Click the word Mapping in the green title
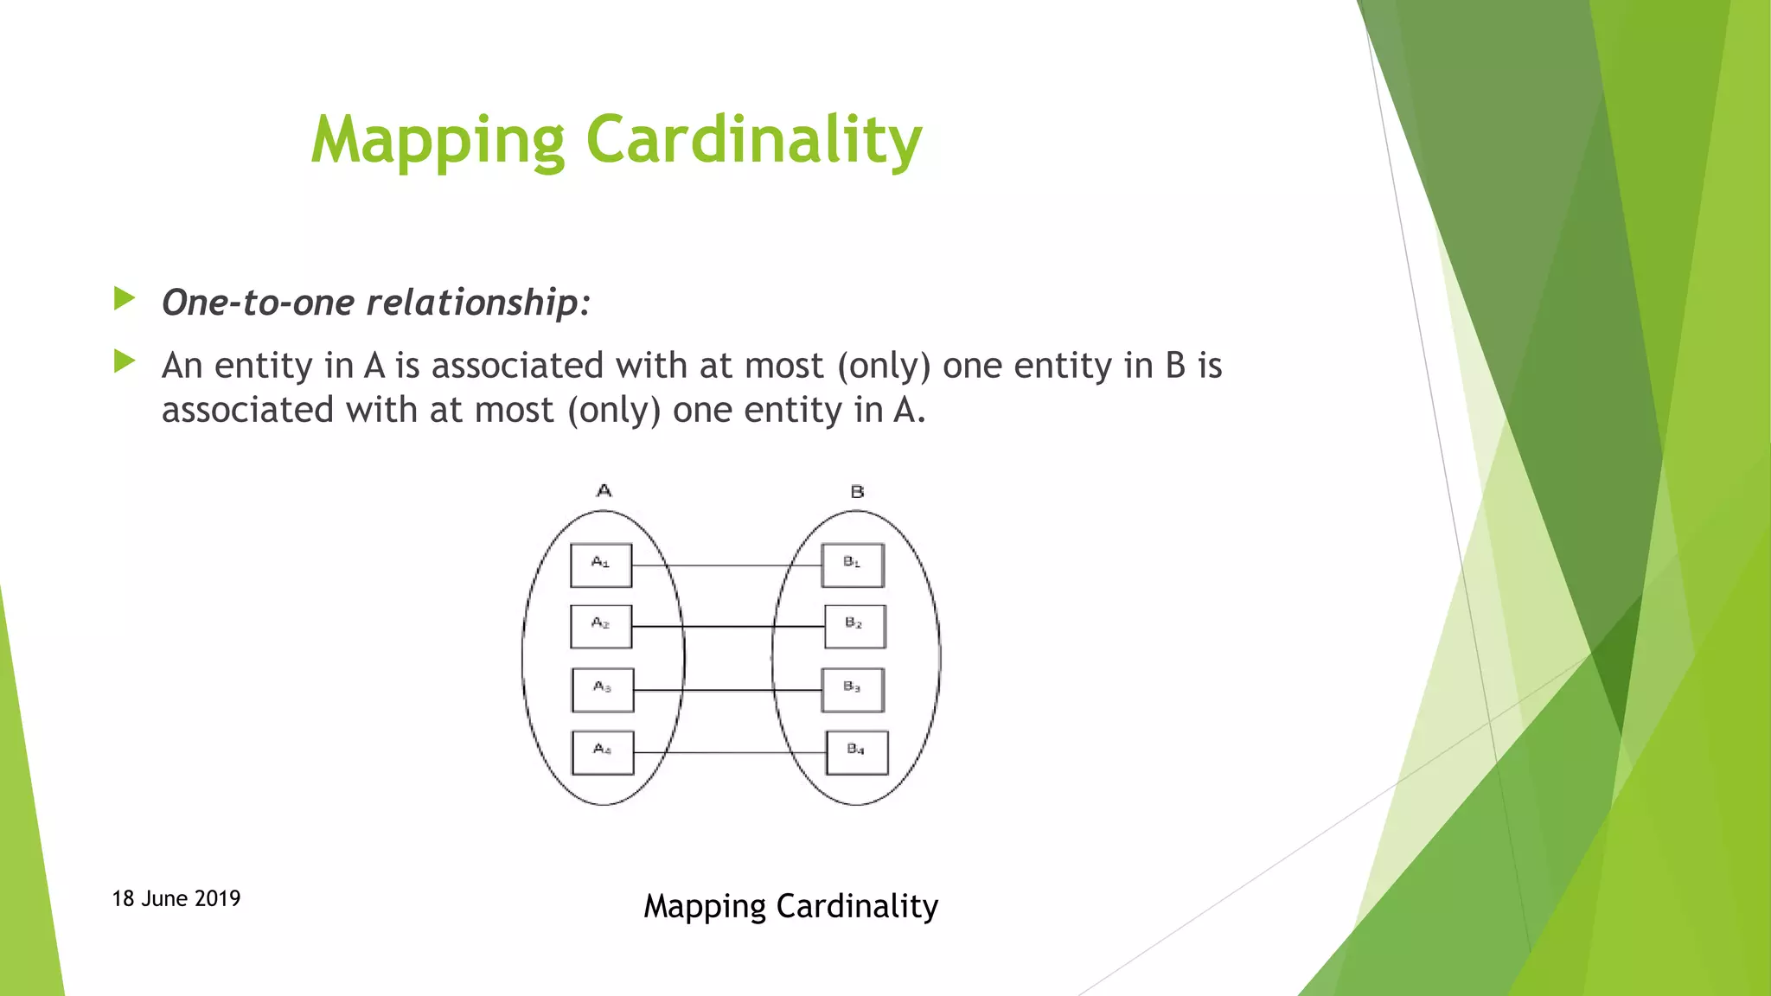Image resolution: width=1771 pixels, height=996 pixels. [438, 140]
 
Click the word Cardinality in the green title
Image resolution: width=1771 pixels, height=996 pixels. [754, 140]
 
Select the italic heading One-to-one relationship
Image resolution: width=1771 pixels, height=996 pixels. [375, 303]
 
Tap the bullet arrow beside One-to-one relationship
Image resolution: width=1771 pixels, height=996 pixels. [125, 299]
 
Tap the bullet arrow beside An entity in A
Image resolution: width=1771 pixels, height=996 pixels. [125, 361]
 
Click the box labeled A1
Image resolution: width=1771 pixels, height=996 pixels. [601, 565]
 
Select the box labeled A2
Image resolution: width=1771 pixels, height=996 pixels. [601, 626]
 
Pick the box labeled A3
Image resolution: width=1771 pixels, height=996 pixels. [603, 690]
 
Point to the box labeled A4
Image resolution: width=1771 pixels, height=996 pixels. [603, 753]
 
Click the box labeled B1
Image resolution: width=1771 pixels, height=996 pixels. [853, 565]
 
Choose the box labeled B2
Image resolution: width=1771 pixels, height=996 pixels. [854, 626]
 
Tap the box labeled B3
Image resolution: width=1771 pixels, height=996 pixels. [853, 690]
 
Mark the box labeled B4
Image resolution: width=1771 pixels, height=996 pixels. [857, 753]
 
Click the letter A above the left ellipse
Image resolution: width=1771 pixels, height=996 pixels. [604, 491]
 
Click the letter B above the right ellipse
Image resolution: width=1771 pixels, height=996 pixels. [857, 492]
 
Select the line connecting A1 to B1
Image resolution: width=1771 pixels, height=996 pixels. [726, 565]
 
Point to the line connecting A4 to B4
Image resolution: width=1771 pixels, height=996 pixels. [730, 753]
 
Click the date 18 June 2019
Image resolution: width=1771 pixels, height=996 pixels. [176, 899]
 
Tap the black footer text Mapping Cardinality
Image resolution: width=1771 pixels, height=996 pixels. [790, 906]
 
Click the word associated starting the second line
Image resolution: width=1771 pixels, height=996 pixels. [247, 410]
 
